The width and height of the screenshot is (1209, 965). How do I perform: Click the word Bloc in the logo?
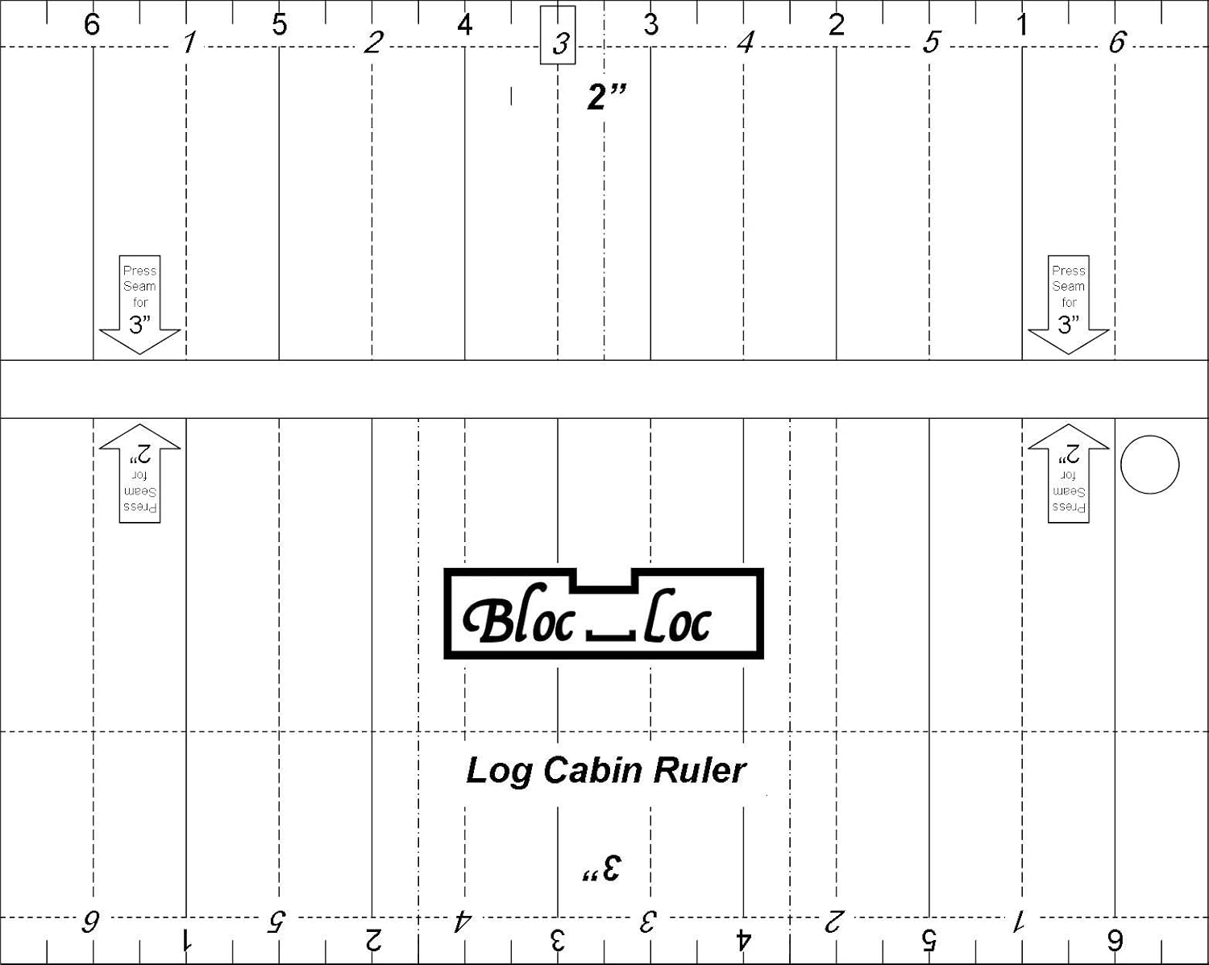click(520, 619)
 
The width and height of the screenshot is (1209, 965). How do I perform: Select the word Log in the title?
click(499, 771)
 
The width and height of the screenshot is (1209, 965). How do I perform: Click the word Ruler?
click(699, 770)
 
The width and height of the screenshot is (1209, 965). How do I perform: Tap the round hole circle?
click(1150, 465)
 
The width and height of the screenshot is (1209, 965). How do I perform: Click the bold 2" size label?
click(606, 97)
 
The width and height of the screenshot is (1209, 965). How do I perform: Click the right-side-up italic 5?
click(932, 42)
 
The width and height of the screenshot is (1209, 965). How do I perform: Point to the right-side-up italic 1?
click(189, 42)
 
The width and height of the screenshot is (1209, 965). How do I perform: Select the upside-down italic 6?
click(90, 920)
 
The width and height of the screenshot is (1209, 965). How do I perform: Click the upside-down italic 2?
click(834, 920)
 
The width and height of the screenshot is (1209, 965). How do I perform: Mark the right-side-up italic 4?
click(746, 42)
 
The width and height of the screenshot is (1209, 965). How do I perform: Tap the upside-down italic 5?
click(276, 920)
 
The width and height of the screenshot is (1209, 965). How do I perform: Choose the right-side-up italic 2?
click(373, 42)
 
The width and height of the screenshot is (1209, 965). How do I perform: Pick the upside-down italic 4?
click(463, 920)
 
